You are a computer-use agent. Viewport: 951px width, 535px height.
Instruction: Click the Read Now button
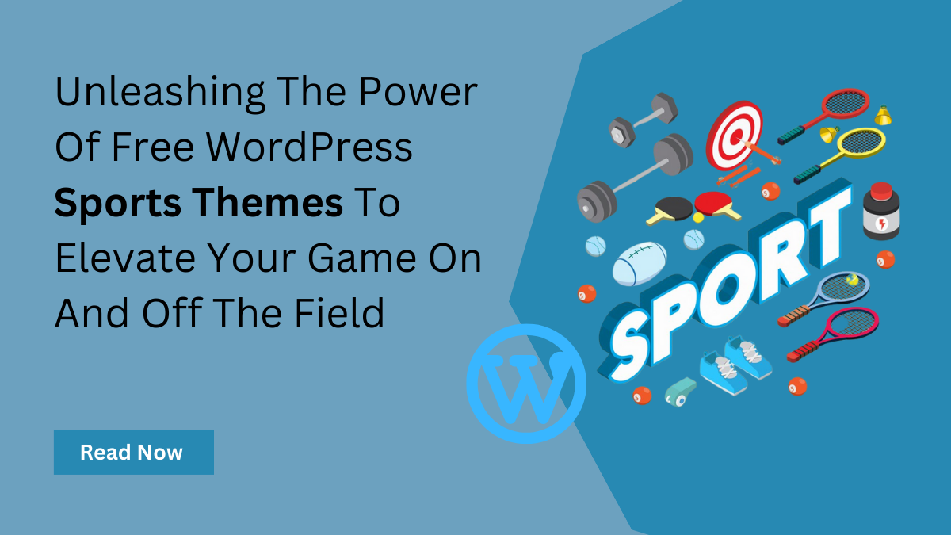coord(133,453)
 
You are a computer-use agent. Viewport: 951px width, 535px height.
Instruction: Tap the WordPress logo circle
coord(526,384)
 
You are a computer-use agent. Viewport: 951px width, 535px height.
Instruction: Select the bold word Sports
coord(107,204)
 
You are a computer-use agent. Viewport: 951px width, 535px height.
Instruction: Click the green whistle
coord(680,390)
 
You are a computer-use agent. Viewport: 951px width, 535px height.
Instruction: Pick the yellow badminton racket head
coord(859,143)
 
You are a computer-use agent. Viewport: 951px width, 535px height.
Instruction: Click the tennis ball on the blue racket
coord(852,280)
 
